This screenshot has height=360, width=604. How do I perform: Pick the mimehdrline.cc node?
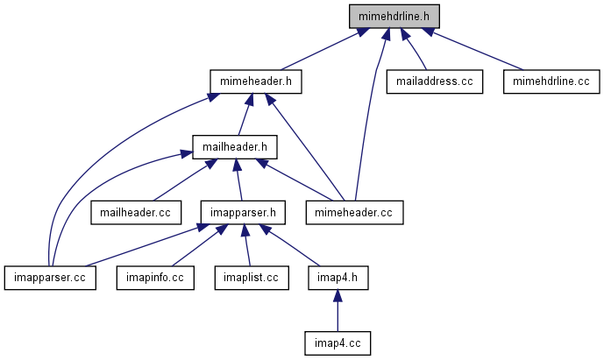click(x=551, y=81)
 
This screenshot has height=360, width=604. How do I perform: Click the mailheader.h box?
click(x=234, y=146)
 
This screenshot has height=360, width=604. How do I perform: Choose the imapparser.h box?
click(x=243, y=211)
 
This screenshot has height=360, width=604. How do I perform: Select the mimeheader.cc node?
click(x=354, y=211)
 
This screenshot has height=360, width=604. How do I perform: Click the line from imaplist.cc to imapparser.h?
click(x=247, y=245)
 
